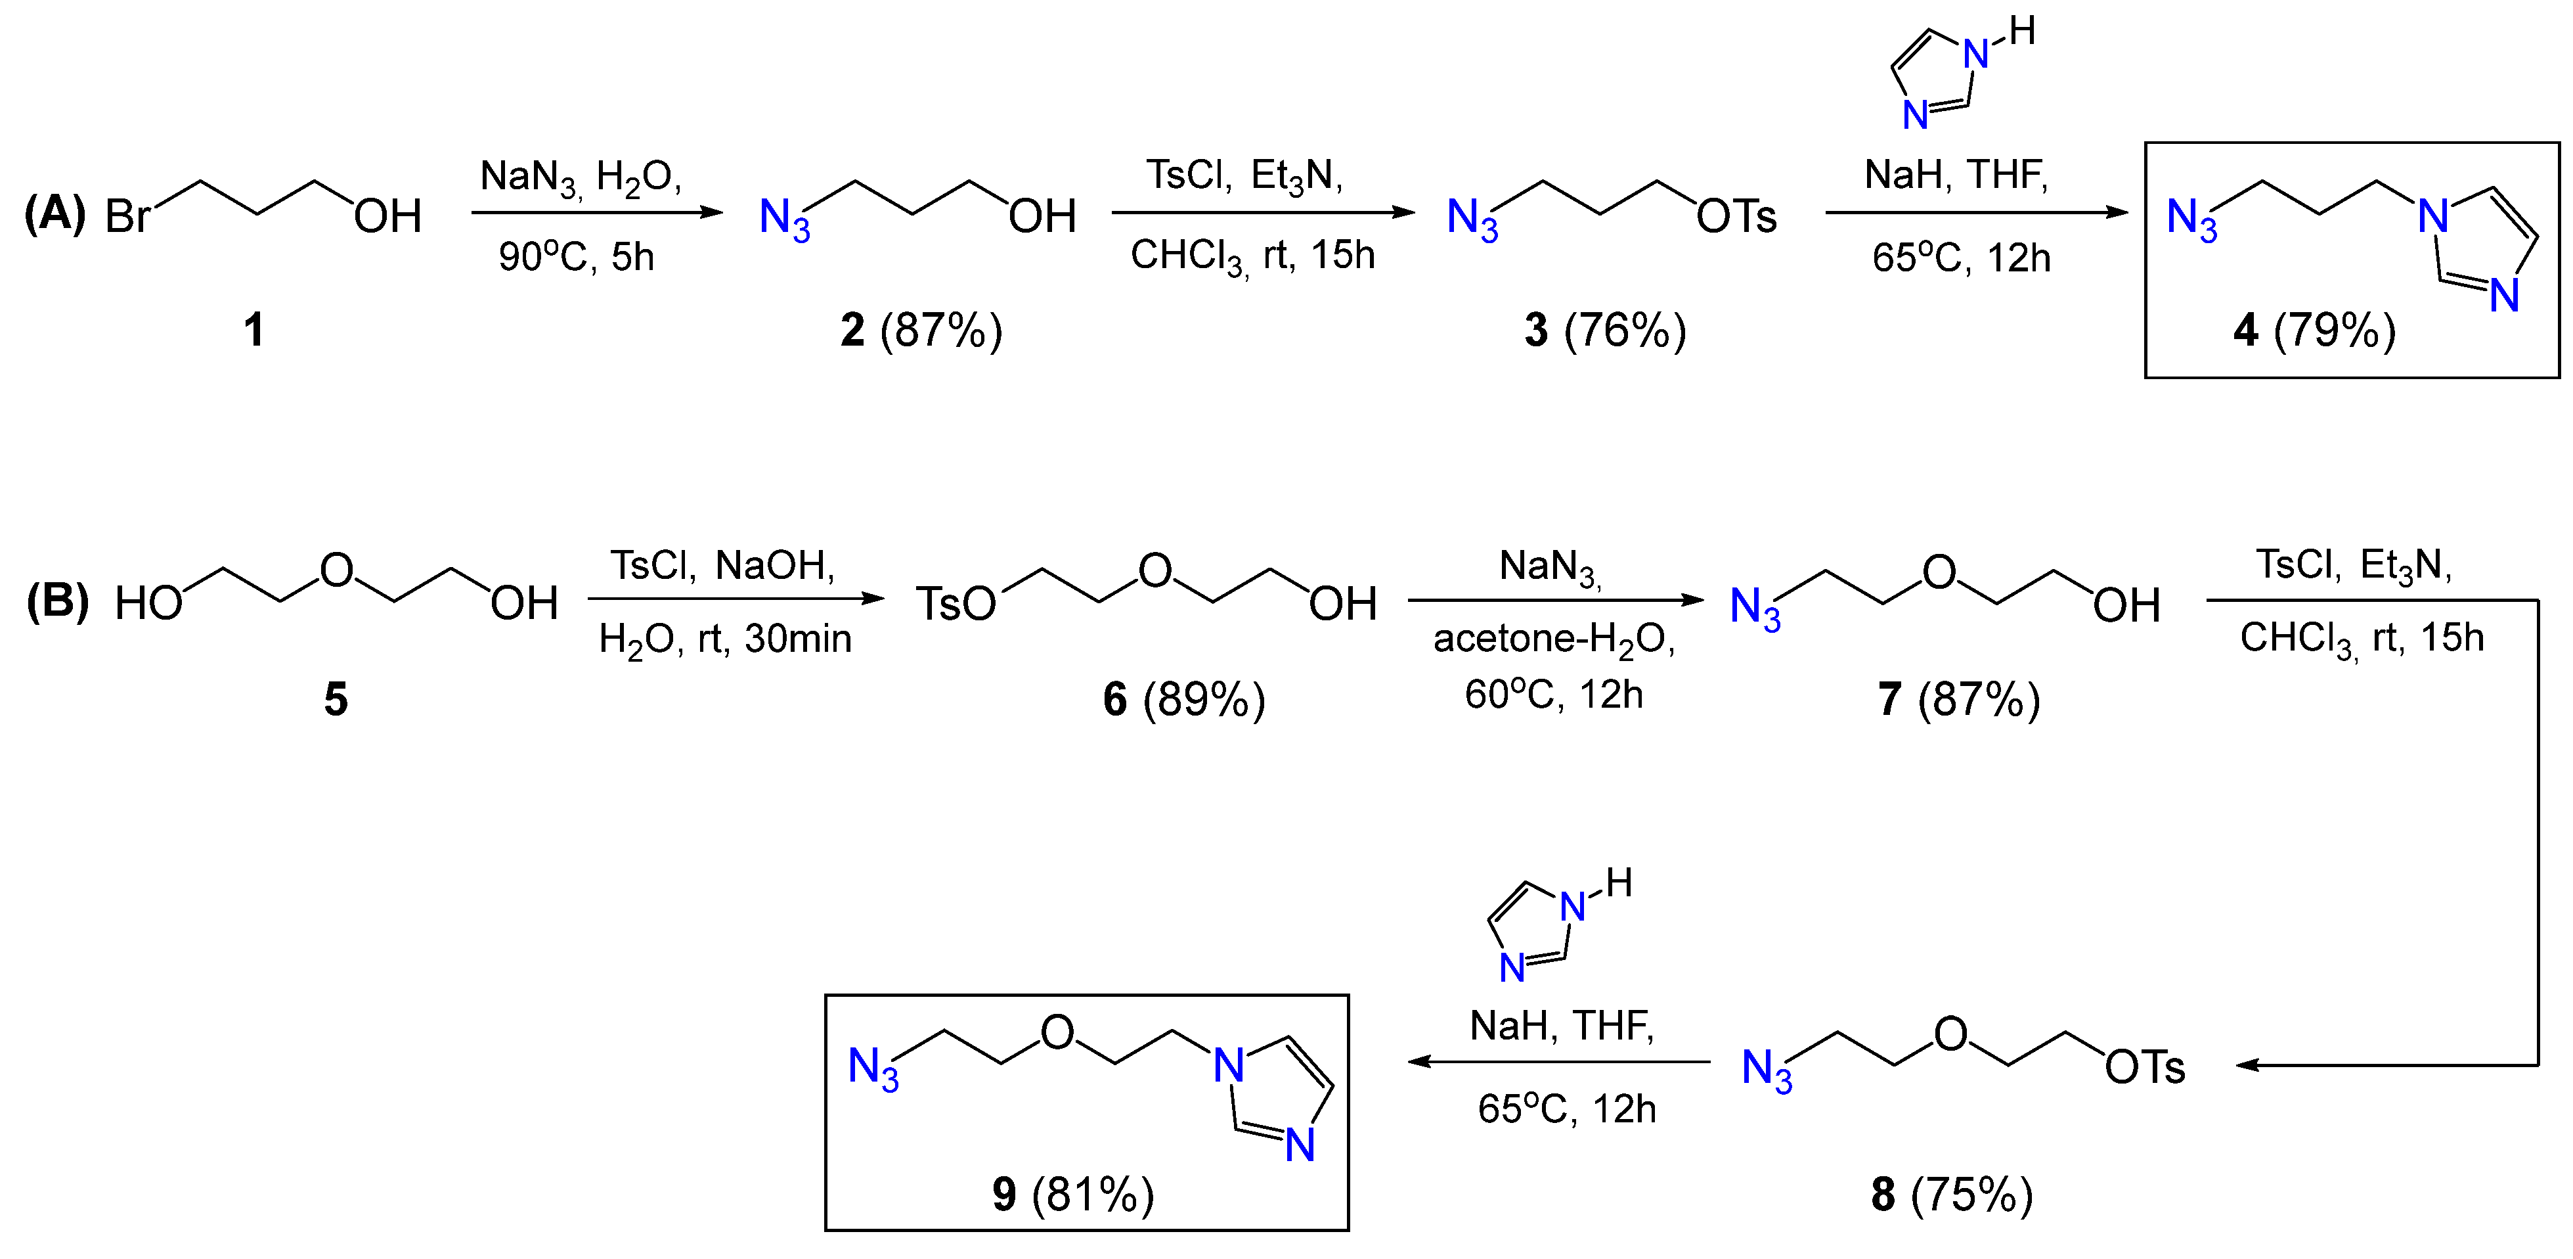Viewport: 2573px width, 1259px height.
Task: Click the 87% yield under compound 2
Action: [941, 331]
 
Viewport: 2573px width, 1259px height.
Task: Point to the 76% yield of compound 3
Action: [1625, 331]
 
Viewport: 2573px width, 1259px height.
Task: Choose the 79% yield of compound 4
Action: [2334, 331]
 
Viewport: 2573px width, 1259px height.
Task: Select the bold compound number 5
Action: [336, 699]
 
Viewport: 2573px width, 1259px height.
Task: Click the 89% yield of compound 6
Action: [1204, 699]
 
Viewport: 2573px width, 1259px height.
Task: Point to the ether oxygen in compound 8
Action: [1950, 1034]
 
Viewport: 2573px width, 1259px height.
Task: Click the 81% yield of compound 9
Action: [1093, 1194]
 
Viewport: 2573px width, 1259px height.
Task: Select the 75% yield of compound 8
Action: [1971, 1194]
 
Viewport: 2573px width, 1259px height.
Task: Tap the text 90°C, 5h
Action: [577, 258]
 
